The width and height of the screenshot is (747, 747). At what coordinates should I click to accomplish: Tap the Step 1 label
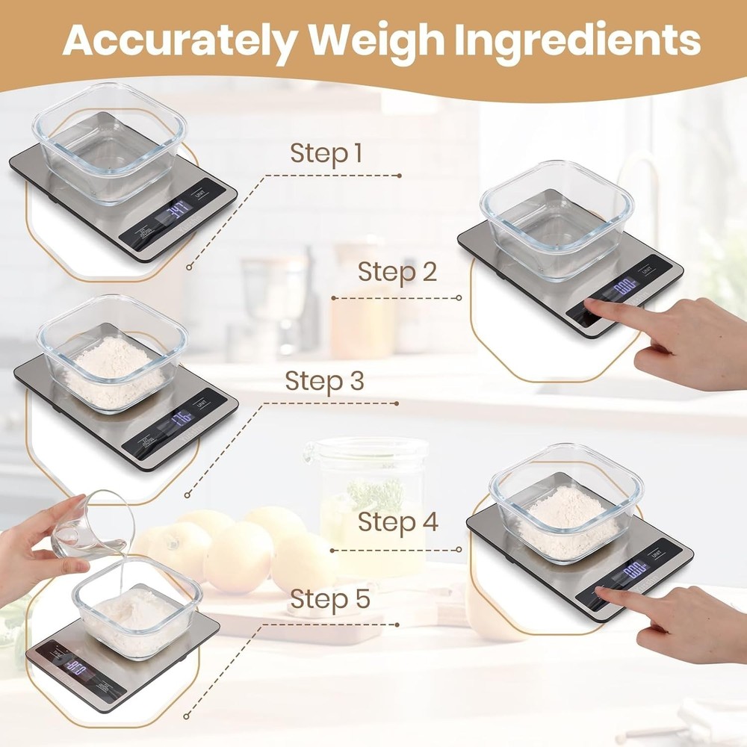click(x=326, y=154)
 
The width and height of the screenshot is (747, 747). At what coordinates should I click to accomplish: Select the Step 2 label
click(x=397, y=272)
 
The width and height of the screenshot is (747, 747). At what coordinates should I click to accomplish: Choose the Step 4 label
click(x=397, y=521)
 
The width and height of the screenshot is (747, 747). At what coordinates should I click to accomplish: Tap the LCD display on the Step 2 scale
click(x=624, y=285)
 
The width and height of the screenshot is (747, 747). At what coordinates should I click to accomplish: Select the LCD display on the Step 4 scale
click(x=634, y=571)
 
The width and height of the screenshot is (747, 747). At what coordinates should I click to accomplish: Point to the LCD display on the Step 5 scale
click(x=75, y=666)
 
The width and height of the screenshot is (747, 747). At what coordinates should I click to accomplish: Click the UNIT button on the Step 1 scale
click(x=199, y=196)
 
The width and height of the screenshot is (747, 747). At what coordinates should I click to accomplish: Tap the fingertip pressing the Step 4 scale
click(x=602, y=592)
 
